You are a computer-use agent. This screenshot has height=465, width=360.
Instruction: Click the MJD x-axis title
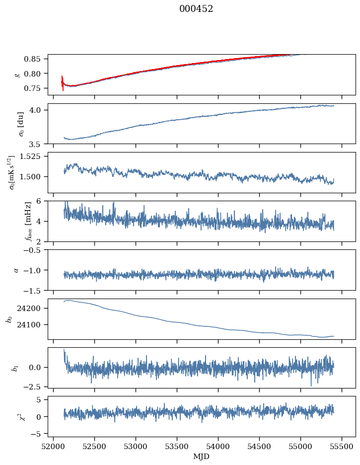coord(202,457)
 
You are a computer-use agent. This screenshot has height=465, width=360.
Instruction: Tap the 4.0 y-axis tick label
coord(38,110)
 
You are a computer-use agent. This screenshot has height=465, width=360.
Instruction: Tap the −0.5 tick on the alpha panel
coord(35,250)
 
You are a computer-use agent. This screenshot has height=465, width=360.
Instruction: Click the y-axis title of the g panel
coord(17,75)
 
